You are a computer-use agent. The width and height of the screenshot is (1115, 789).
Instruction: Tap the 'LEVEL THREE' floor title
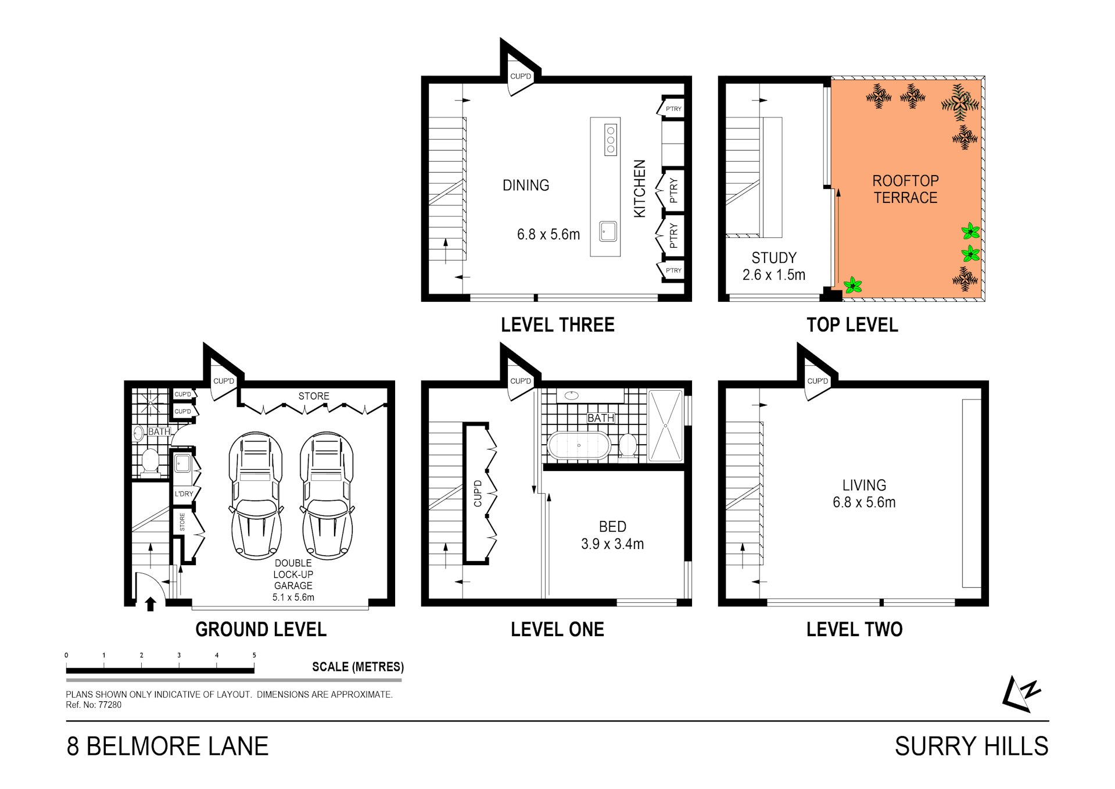click(x=558, y=324)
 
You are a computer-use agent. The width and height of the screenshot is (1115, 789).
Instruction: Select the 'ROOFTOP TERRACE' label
click(x=905, y=189)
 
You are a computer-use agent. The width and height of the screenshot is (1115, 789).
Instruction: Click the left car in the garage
click(x=256, y=496)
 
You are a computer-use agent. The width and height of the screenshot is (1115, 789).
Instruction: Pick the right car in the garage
click(x=327, y=496)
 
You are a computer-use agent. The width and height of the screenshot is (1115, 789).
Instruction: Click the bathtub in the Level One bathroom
click(x=579, y=445)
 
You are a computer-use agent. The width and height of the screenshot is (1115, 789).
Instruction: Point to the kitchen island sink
click(x=608, y=231)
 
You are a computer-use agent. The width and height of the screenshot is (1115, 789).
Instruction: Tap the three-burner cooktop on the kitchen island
click(x=611, y=140)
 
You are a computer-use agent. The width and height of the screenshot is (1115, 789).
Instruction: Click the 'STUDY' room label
click(x=774, y=258)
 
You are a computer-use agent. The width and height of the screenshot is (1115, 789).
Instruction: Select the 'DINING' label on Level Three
click(x=526, y=185)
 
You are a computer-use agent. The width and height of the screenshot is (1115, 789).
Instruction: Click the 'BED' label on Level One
click(x=612, y=527)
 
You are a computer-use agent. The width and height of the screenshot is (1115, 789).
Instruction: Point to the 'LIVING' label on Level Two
click(x=864, y=485)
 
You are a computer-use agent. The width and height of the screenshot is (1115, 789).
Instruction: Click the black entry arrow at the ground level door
click(x=150, y=604)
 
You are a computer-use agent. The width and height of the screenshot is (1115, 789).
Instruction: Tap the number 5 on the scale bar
click(x=254, y=655)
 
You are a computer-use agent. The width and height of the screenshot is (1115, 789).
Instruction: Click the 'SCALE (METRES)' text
click(x=358, y=667)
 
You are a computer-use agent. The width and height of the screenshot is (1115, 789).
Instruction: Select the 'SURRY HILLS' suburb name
click(x=971, y=746)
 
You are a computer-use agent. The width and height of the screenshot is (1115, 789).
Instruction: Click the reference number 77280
click(x=110, y=705)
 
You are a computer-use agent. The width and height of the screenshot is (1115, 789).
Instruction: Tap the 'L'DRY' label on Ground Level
click(x=184, y=494)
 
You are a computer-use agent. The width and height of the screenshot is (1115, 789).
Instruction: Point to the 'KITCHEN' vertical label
click(x=639, y=189)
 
